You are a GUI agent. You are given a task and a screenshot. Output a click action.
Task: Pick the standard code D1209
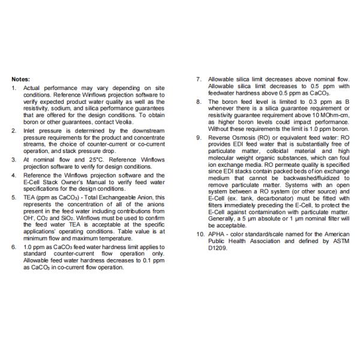[x=220, y=245]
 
